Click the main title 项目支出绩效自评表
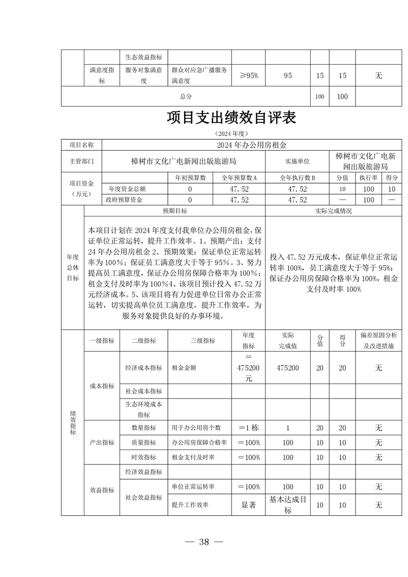pos(231,118)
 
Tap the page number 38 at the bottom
pos(204,542)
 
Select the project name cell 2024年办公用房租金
pos(252,146)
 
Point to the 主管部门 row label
pos(82,161)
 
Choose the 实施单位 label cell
pos(297,161)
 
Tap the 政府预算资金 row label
pos(124,200)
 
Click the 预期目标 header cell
pos(175,211)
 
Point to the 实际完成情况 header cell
pos(333,211)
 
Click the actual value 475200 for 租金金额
pos(288,368)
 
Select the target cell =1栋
pos(249,427)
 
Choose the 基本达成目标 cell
pos(288,505)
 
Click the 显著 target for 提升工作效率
pos(249,505)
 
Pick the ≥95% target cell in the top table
pos(249,76)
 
